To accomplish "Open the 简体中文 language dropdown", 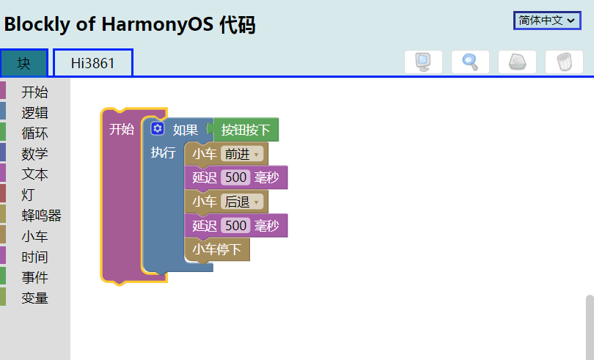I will tap(546, 21).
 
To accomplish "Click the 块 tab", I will tap(24, 63).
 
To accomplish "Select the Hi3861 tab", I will tap(92, 63).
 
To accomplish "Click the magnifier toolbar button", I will tap(470, 62).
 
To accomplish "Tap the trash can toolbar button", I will tap(564, 62).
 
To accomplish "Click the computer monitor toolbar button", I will tap(423, 62).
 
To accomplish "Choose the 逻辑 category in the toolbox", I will tap(34, 113).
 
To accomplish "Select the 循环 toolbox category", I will tap(34, 133).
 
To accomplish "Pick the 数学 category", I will tap(34, 154).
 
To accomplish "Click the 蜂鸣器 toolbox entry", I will tap(41, 216).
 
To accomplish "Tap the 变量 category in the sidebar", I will tap(34, 298).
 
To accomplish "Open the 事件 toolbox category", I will tap(34, 277).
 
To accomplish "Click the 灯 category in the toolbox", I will tap(28, 195).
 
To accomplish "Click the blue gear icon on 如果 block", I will tap(158, 129).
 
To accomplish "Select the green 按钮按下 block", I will tap(246, 131).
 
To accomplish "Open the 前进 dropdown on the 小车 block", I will tap(243, 154).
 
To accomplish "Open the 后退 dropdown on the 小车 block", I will tap(243, 202).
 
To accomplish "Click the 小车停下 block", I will tap(217, 249).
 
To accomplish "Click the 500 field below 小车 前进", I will tap(236, 177).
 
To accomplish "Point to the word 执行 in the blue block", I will tap(163, 153).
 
